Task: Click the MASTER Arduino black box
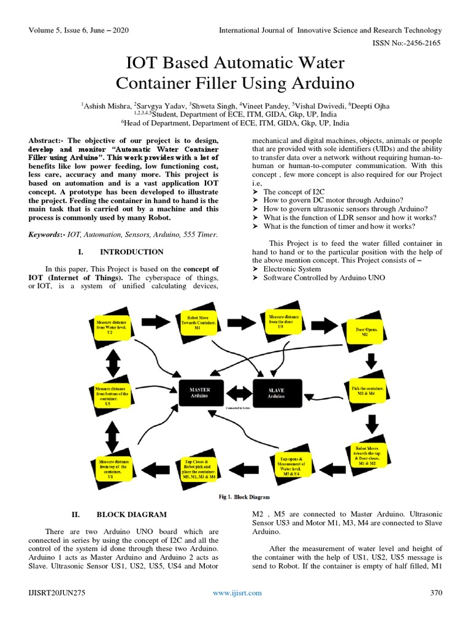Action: point(200,392)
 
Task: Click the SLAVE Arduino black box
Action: point(276,392)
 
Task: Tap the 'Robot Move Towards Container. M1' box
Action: point(195,323)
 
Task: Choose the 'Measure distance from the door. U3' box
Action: point(279,321)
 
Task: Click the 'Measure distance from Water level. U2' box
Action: point(109,327)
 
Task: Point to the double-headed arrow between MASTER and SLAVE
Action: point(238,389)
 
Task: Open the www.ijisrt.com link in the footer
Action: point(237,592)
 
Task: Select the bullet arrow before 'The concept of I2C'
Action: point(256,191)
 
